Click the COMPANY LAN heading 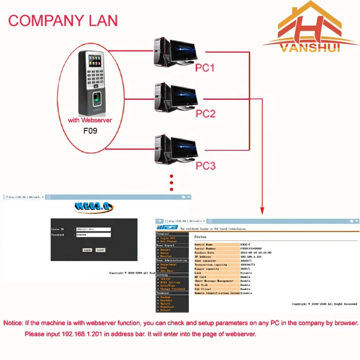[x=63, y=20]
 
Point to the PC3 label [x=205, y=166]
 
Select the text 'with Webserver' [x=90, y=120]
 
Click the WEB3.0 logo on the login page [x=94, y=208]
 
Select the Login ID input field [x=93, y=229]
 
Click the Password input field [x=93, y=235]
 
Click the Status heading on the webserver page [x=200, y=236]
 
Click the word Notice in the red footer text [x=13, y=323]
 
